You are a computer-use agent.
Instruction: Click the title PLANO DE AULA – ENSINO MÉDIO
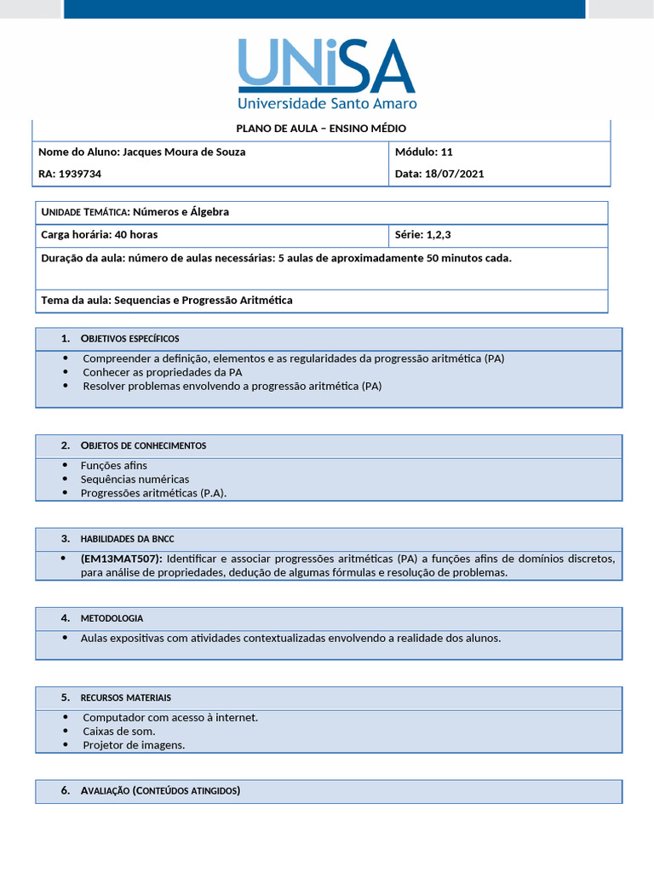point(321,129)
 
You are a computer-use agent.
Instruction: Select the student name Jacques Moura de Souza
point(184,152)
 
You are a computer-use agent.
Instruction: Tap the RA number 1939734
point(79,174)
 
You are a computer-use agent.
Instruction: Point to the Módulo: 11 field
point(424,152)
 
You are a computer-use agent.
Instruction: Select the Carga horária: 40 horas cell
point(100,235)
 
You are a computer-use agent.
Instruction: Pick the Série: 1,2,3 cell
point(423,235)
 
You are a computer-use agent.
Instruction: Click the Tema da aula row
point(167,301)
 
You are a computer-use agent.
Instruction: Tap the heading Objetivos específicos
point(129,339)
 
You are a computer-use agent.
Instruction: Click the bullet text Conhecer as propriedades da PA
point(162,372)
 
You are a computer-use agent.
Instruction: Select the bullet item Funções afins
point(113,466)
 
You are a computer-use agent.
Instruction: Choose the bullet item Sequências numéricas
point(135,479)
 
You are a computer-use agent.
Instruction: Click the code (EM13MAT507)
point(121,559)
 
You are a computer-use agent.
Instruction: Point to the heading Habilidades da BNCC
point(127,539)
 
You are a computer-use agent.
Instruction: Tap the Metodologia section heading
point(112,618)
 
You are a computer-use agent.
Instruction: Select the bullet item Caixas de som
point(118,731)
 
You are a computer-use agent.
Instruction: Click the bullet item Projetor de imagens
point(134,745)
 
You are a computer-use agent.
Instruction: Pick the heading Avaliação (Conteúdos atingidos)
point(160,791)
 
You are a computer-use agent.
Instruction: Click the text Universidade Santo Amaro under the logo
point(326,103)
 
